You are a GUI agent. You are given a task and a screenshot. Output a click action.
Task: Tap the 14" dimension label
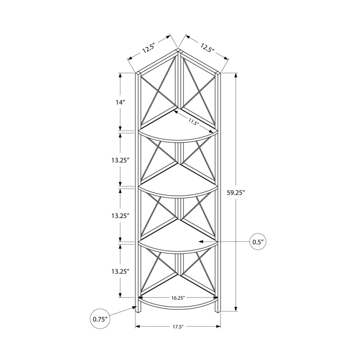[x=119, y=102]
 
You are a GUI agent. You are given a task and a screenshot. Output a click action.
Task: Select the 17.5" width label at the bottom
[x=177, y=327]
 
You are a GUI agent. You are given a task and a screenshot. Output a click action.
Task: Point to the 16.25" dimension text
[x=178, y=297]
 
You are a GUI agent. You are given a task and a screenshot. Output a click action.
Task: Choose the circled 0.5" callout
[x=257, y=242]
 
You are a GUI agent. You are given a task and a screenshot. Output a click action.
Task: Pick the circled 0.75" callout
[x=99, y=319]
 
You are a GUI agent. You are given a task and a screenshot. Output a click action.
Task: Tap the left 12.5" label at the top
[x=149, y=48]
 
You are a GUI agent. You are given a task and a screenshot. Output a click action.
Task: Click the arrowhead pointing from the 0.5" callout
[x=202, y=242]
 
